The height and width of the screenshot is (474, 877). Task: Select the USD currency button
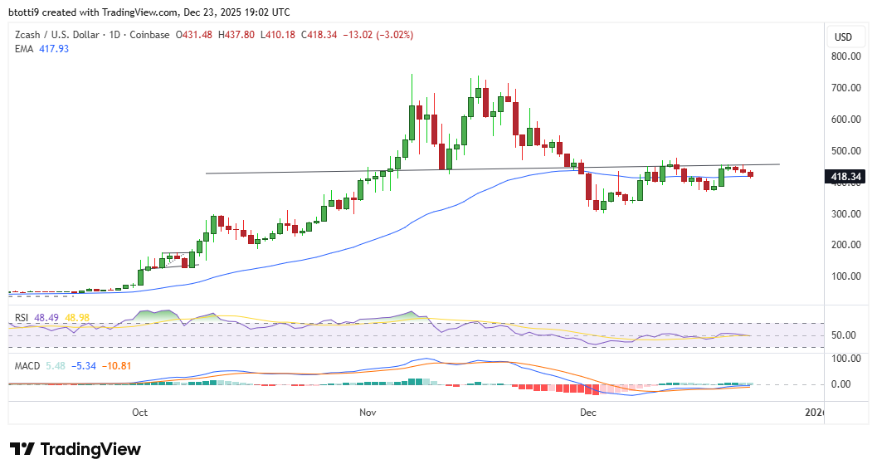(843, 37)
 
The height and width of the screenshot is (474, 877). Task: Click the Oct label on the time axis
(139, 412)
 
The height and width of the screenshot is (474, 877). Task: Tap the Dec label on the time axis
(588, 412)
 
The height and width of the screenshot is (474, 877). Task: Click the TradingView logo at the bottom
(76, 449)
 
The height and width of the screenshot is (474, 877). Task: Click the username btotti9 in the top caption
(25, 12)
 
